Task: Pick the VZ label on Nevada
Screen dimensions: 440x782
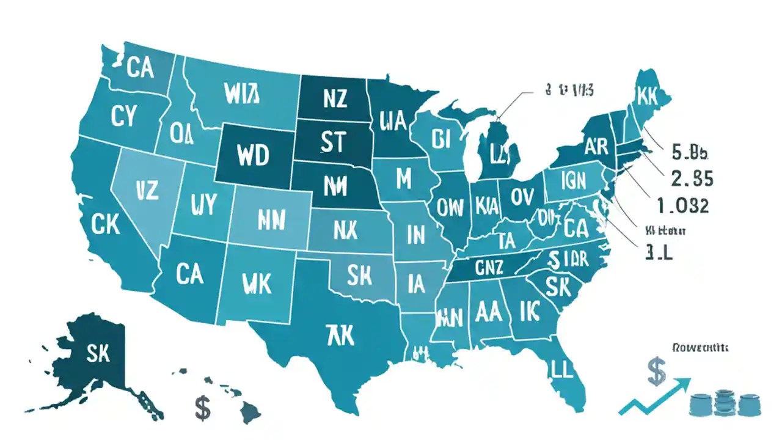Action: tap(144, 190)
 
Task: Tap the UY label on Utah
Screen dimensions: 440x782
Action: tap(203, 204)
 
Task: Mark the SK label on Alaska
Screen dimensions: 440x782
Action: tap(98, 353)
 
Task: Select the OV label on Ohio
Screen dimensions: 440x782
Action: tap(522, 196)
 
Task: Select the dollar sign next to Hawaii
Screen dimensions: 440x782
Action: tap(202, 407)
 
